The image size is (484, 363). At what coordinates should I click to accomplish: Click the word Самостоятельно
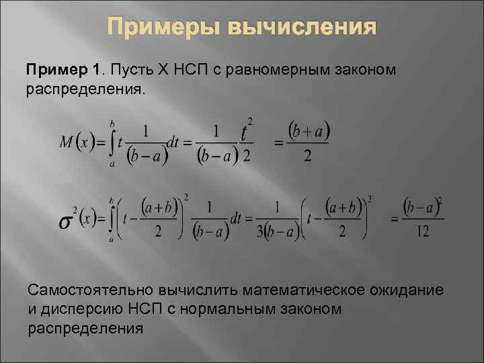(x=90, y=290)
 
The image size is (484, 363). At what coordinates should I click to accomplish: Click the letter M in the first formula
(x=66, y=143)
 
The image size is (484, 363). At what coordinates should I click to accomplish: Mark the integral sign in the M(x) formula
(x=112, y=143)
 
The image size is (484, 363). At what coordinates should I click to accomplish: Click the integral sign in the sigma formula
(x=112, y=219)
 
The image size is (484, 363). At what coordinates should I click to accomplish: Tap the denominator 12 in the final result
(x=422, y=231)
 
